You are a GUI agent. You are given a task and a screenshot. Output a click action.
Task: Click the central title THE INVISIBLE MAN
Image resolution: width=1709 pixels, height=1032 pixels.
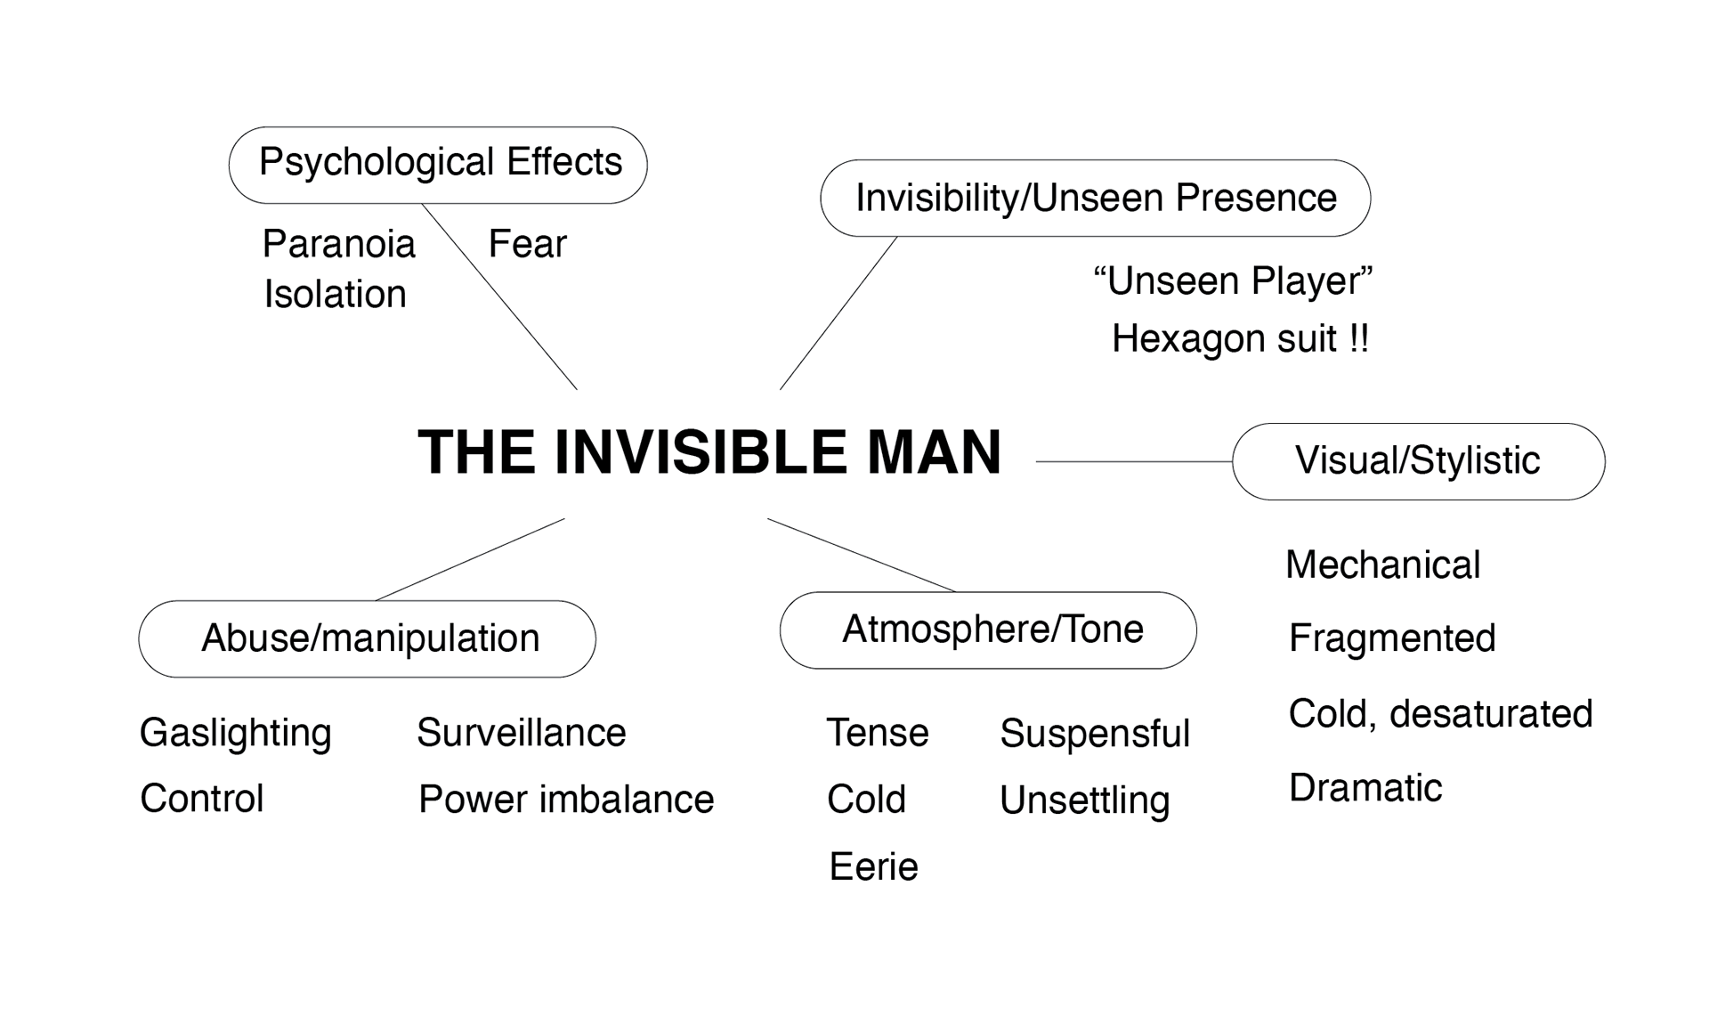(x=709, y=451)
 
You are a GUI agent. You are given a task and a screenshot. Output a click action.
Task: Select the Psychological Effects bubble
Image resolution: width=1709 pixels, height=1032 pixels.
(x=438, y=165)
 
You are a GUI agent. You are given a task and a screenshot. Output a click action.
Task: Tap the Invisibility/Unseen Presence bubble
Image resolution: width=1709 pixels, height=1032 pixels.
(x=1095, y=198)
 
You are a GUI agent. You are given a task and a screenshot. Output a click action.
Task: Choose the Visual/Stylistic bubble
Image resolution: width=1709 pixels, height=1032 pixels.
(x=1418, y=461)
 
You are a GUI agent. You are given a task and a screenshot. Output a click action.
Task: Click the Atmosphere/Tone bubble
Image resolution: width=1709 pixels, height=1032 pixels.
(x=988, y=630)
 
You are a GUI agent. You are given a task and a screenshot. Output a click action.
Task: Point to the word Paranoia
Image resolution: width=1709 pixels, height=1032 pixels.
(x=339, y=244)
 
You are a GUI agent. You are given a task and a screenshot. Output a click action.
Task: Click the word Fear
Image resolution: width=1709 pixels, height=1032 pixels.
(x=527, y=244)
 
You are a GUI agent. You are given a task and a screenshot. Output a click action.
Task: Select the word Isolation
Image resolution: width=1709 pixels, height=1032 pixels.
(x=335, y=294)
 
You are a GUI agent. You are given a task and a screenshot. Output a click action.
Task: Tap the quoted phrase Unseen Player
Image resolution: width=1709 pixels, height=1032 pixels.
(x=1233, y=281)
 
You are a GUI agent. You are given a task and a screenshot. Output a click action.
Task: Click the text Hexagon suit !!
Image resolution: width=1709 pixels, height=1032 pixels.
(x=1240, y=338)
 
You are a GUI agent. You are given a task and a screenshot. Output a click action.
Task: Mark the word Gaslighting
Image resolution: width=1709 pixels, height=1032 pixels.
(x=235, y=733)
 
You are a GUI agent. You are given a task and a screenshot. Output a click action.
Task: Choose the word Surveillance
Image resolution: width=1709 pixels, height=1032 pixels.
(x=521, y=733)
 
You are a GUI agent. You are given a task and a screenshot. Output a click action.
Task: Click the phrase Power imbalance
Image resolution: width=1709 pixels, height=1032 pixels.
(x=566, y=799)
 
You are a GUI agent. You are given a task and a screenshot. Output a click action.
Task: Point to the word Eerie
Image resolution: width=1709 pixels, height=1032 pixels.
(x=873, y=866)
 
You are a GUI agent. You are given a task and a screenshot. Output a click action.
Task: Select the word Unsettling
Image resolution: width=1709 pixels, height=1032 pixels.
(x=1084, y=800)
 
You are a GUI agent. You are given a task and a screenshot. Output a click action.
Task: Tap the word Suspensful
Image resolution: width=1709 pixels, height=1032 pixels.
(x=1094, y=733)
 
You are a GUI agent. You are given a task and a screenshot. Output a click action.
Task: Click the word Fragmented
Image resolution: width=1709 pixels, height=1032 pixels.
(x=1392, y=638)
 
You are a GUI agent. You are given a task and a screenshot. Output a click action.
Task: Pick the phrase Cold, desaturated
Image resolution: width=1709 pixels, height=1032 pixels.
(x=1440, y=713)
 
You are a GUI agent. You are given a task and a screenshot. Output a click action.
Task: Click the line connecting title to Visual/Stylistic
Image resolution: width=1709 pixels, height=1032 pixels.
(x=1134, y=461)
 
